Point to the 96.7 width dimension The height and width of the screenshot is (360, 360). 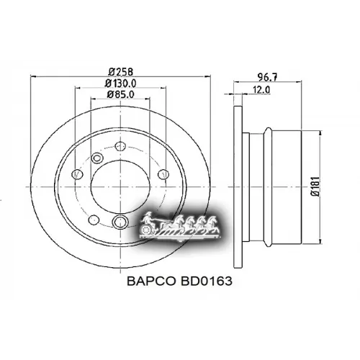click(x=268, y=76)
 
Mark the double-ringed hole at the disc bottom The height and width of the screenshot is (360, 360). click(x=120, y=221)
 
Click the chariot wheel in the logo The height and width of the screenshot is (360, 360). click(x=149, y=229)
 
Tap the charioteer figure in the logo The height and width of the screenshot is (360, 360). click(x=150, y=218)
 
